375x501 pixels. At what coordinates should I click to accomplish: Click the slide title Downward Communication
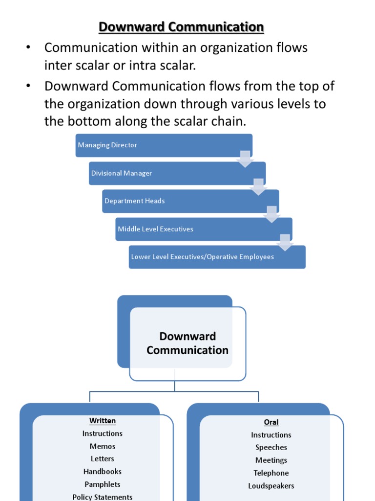pos(181,27)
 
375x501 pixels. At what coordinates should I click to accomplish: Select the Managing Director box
pos(164,145)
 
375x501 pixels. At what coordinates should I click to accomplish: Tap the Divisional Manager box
pos(177,173)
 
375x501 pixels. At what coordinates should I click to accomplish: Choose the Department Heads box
pos(190,201)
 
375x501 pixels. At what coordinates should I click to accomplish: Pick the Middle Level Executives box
pos(203,229)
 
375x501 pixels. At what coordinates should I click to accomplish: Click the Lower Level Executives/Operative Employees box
pos(217,257)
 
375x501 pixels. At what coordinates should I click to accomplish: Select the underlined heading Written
pos(103,421)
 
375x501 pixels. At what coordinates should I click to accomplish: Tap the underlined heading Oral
pos(271,422)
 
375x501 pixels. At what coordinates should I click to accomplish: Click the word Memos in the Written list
pos(103,446)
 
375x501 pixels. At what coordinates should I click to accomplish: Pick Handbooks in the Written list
pos(103,472)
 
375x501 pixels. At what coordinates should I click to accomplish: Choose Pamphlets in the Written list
pos(103,484)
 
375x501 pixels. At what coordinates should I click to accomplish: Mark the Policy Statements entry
pos(103,497)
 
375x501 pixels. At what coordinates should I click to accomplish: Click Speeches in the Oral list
pos(271,447)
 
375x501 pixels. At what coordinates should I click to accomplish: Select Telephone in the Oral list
pos(271,473)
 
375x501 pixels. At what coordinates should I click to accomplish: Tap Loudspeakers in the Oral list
pos(271,486)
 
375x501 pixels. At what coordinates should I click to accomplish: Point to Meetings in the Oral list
pos(271,460)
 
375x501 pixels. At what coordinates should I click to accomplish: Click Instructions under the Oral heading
pos(271,435)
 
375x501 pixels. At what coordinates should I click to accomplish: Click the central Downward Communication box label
pos(187,343)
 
